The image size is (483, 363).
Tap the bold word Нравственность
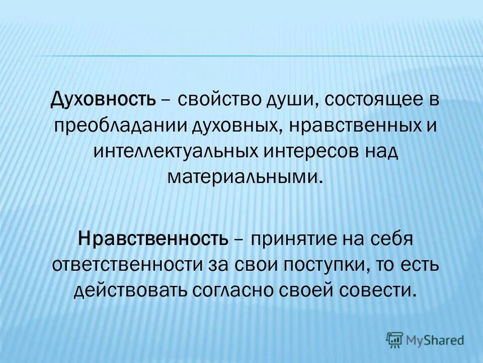pyautogui.click(x=153, y=238)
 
